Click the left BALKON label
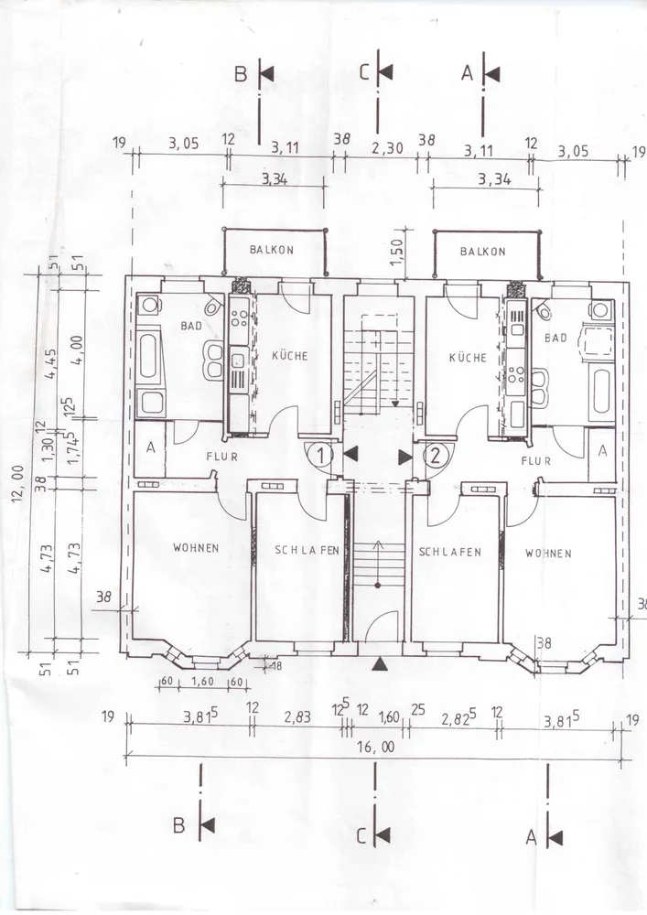click(271, 250)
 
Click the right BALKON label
click(482, 252)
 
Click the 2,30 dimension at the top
click(388, 148)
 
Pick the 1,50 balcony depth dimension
click(397, 252)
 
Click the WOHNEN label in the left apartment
click(196, 547)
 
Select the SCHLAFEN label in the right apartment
click(450, 552)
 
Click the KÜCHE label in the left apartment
click(290, 355)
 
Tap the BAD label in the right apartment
click(555, 338)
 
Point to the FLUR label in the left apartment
click(221, 457)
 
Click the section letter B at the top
click(241, 75)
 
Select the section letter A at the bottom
click(531, 838)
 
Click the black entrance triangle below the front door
click(380, 662)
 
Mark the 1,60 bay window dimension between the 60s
click(202, 682)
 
